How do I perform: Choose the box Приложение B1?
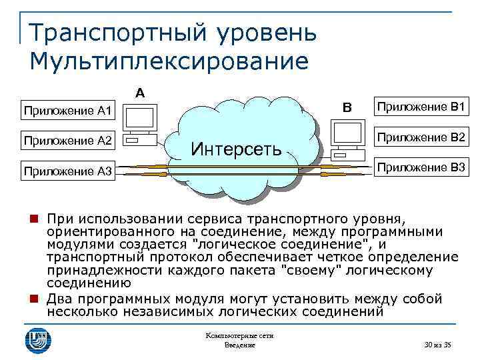click(421, 107)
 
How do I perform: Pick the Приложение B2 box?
click(421, 138)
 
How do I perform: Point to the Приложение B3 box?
click(421, 167)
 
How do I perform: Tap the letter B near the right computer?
click(346, 107)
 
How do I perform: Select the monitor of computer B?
click(347, 135)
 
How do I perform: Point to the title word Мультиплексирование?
click(170, 61)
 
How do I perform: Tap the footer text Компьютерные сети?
click(239, 336)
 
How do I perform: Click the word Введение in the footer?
click(239, 345)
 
